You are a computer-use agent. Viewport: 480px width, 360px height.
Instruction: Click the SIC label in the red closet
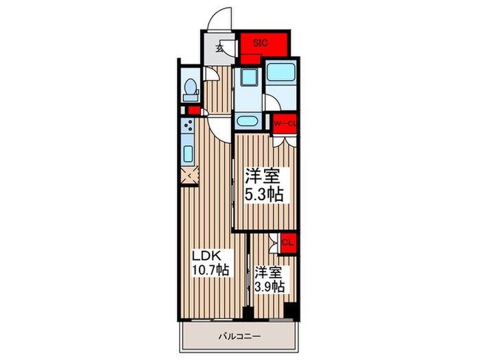click(x=260, y=43)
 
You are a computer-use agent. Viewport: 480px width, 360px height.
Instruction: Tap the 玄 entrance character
click(x=219, y=48)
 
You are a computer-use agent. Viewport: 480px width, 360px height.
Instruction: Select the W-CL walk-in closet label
click(x=285, y=123)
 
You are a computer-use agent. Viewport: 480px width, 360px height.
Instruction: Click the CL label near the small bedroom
click(x=288, y=243)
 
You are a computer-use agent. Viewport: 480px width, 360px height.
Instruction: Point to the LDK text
click(x=206, y=255)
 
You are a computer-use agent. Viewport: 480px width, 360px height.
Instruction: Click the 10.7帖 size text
click(x=211, y=270)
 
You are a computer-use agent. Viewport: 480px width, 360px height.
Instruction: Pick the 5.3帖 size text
click(x=264, y=194)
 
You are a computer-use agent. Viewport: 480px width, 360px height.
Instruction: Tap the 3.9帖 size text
click(x=270, y=287)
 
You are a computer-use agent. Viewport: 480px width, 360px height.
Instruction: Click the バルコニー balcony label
click(x=240, y=337)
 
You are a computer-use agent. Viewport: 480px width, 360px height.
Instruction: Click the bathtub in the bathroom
click(x=281, y=72)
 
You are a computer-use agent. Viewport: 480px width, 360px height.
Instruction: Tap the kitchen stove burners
click(x=187, y=125)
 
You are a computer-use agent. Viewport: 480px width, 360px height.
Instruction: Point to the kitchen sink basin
click(x=187, y=154)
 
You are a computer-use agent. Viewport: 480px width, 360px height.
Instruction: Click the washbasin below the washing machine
click(x=248, y=121)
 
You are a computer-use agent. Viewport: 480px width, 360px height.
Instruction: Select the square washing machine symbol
click(x=248, y=77)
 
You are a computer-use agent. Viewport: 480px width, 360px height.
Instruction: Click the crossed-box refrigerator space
click(x=189, y=176)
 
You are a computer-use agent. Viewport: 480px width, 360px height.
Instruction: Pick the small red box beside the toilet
click(x=193, y=110)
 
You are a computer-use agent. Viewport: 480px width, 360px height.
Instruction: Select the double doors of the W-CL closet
click(x=285, y=141)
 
